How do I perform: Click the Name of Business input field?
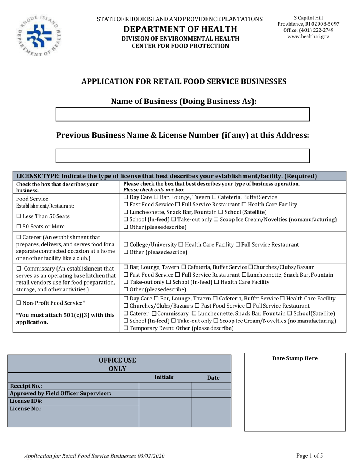pyautogui.click(x=183, y=114)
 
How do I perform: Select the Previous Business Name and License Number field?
pyautogui.click(x=183, y=155)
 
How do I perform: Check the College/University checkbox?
pyautogui.click(x=126, y=245)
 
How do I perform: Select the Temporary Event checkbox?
pyautogui.click(x=126, y=328)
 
